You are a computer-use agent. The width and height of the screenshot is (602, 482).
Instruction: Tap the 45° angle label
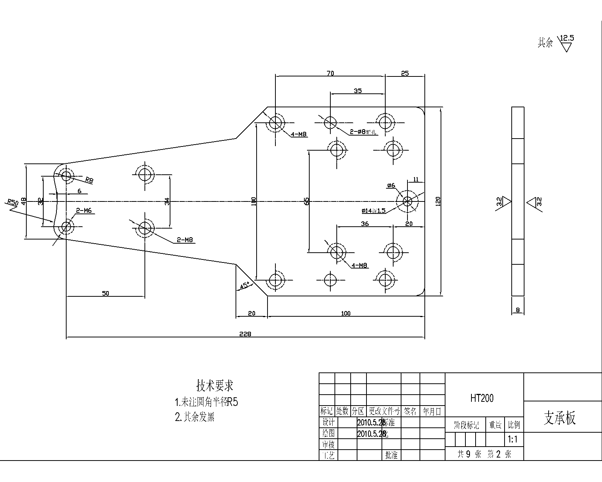[245, 285]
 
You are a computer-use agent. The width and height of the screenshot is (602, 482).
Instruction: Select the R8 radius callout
[89, 180]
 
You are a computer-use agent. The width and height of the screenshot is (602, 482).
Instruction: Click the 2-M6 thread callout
[84, 211]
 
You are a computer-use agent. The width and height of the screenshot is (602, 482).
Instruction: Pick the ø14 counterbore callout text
[373, 210]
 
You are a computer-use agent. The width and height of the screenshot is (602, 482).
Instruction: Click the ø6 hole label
[391, 185]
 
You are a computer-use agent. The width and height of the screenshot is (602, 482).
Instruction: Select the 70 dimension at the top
[330, 73]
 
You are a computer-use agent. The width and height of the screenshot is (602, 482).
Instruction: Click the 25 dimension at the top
[405, 73]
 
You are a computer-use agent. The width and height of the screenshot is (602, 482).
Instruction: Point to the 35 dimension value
[357, 91]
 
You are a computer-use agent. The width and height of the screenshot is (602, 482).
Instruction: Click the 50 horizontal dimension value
[105, 293]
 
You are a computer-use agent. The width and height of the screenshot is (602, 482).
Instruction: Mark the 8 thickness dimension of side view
[518, 310]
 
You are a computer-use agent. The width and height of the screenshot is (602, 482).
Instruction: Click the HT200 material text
[482, 398]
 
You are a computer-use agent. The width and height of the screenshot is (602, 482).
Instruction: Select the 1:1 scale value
[513, 439]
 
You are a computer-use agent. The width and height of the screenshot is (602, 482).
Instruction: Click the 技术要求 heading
[215, 385]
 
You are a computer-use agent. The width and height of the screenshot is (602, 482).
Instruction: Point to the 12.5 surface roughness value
[567, 38]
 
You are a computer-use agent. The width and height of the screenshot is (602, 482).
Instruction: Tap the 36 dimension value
[365, 224]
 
